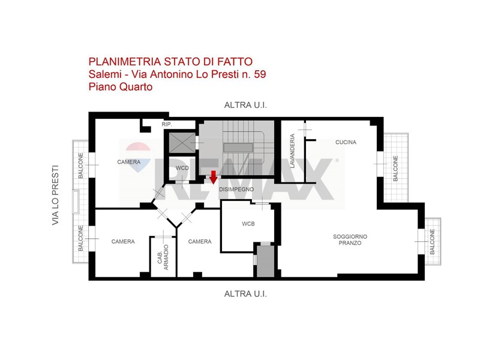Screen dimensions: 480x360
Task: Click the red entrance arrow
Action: click(214, 177)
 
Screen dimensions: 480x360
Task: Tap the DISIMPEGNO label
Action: click(236, 190)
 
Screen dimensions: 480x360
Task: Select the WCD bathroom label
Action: click(182, 168)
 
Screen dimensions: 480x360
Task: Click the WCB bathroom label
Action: click(248, 224)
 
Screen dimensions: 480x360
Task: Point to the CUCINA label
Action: click(346, 142)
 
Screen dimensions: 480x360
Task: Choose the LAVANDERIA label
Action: click(292, 151)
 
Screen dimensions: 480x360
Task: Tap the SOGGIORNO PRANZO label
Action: click(350, 239)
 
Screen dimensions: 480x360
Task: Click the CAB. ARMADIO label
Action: click(163, 257)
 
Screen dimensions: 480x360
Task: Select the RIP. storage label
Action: click(167, 125)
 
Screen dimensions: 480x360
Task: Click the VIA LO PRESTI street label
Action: click(55, 196)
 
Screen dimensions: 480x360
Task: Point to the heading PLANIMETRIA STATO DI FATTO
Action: click(170, 62)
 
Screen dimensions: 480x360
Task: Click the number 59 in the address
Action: click(260, 74)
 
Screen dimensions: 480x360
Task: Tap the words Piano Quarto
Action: click(121, 87)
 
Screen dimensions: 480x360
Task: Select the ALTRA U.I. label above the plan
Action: click(245, 106)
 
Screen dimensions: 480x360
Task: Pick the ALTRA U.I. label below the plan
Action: click(245, 294)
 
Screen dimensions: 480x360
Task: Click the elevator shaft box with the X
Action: click(182, 143)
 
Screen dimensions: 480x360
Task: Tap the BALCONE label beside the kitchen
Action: click(395, 169)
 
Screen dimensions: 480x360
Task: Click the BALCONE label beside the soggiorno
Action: click(432, 242)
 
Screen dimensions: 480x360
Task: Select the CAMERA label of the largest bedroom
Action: click(129, 162)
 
